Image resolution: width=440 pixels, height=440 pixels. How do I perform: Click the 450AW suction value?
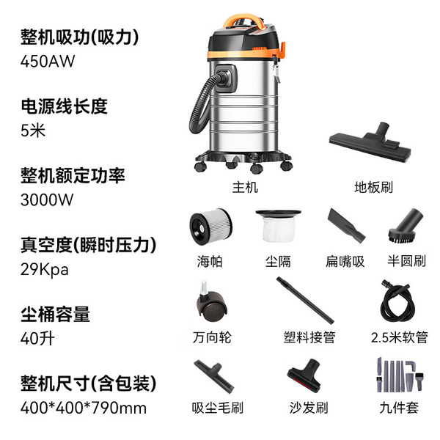tap(48, 61)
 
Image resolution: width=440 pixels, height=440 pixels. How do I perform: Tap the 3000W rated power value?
tap(47, 199)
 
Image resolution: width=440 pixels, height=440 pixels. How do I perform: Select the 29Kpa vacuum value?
tap(44, 269)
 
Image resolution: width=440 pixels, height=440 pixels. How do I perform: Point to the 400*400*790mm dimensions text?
tap(84, 408)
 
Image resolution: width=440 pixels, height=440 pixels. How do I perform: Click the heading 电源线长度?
tap(64, 106)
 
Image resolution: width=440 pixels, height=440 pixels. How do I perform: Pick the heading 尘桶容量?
tap(55, 315)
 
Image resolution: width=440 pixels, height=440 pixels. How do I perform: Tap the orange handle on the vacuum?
tap(244, 19)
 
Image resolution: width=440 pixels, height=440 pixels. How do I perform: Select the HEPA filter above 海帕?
tap(211, 226)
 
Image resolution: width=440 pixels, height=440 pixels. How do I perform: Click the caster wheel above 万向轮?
tap(212, 303)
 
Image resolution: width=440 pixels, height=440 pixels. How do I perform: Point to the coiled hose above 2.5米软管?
tap(397, 301)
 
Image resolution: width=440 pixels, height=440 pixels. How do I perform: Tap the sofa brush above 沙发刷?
tap(305, 376)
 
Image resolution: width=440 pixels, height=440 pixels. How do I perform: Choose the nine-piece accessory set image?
tap(400, 375)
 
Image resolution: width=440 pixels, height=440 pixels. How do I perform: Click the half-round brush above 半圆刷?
tap(406, 226)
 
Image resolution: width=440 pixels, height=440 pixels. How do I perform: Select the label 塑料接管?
tap(309, 337)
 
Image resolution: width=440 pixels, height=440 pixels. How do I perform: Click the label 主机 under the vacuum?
tap(245, 187)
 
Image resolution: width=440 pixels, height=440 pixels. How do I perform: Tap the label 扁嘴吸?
tap(345, 262)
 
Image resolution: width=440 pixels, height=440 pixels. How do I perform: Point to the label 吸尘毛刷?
tap(218, 408)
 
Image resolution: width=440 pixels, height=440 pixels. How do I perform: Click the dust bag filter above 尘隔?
tap(279, 226)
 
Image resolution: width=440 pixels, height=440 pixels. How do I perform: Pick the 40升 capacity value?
tap(37, 339)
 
